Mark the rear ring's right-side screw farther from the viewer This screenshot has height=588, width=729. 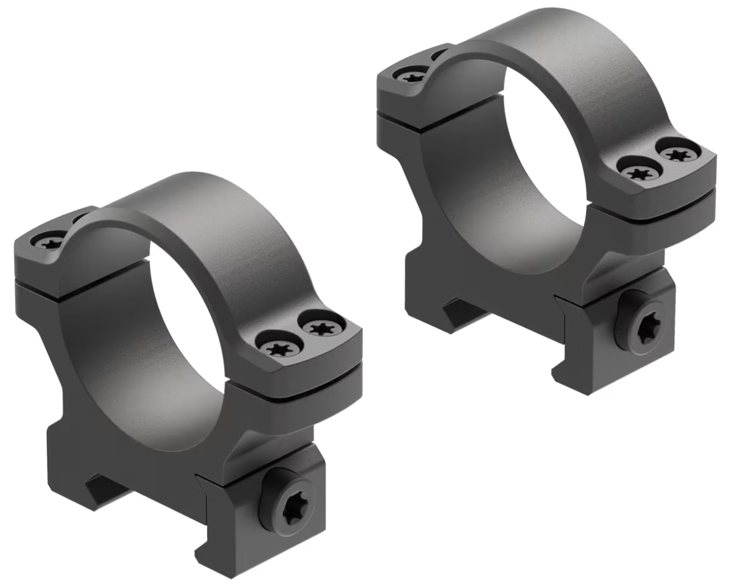tap(676, 153)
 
